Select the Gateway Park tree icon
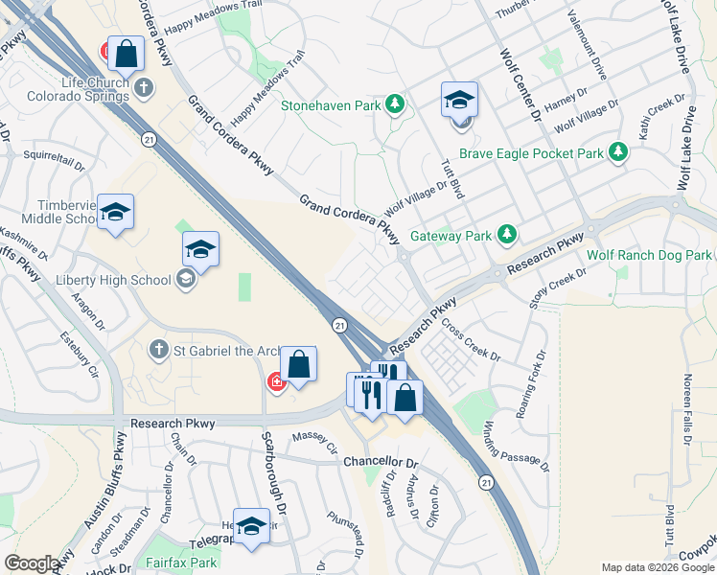click(506, 235)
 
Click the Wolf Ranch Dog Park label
click(649, 255)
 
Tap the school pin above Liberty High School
click(200, 250)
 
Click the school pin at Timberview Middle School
click(115, 213)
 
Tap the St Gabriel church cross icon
click(160, 350)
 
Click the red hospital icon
click(277, 382)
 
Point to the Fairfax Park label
click(181, 563)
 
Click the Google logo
click(32, 563)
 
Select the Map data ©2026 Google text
click(658, 567)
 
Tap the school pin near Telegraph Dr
click(251, 525)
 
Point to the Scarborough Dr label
click(270, 471)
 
